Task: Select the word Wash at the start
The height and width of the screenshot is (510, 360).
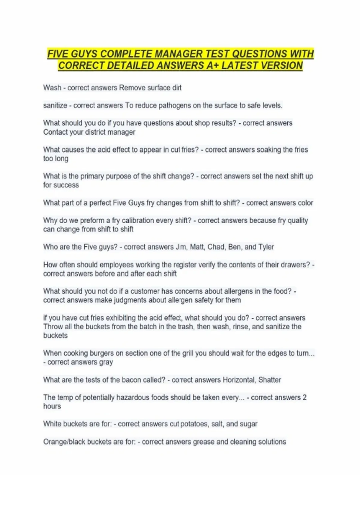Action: click(x=52, y=88)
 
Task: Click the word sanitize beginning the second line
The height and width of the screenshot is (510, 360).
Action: click(x=55, y=106)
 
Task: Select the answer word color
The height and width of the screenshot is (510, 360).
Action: click(x=305, y=203)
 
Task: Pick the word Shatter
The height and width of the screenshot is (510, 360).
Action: click(x=270, y=380)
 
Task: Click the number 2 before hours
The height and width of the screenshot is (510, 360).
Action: click(x=304, y=397)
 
